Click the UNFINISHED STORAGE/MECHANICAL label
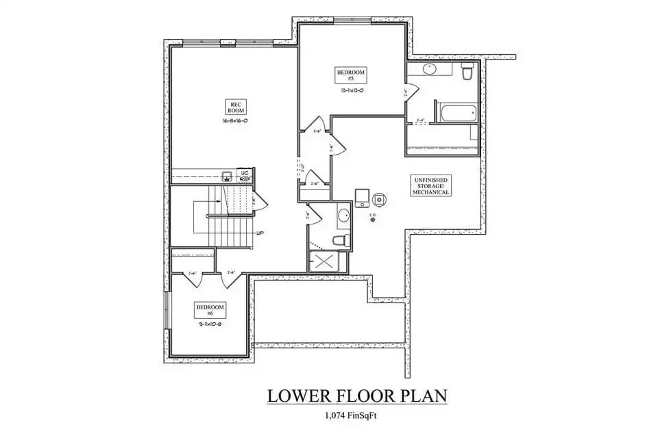pos(430,185)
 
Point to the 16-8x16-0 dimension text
pos(234,120)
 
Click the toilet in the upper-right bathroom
pos(467,70)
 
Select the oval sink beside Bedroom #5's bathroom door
pos(430,68)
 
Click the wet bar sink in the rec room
pos(227,175)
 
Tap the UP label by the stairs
pos(260,233)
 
